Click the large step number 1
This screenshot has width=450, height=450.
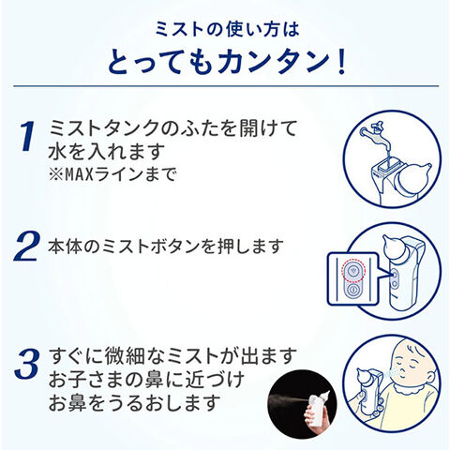pyautogui.click(x=27, y=137)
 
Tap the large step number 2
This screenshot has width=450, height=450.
pyautogui.click(x=26, y=247)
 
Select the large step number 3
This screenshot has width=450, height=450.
pyautogui.click(x=27, y=363)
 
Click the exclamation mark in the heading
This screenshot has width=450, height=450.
pyautogui.click(x=342, y=62)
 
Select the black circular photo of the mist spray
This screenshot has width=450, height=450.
pyautogui.click(x=302, y=404)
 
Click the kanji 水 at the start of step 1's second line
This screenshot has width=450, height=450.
pyautogui.click(x=58, y=152)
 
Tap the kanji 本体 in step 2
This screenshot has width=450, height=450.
pyautogui.click(x=66, y=247)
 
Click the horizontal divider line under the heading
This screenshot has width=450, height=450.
pyautogui.click(x=226, y=86)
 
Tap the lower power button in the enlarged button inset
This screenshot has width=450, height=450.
pyautogui.click(x=352, y=290)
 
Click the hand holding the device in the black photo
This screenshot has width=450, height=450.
pyautogui.click(x=313, y=418)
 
